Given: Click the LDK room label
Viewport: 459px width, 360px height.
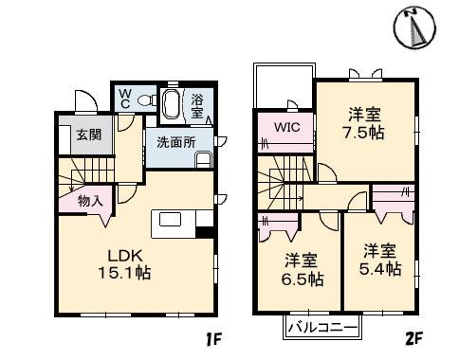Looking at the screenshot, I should click(123, 255).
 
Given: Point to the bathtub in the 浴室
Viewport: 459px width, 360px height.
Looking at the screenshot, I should click(174, 103).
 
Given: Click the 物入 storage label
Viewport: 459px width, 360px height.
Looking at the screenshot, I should click(91, 200).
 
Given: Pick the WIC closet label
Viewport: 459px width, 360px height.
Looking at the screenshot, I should click(287, 128).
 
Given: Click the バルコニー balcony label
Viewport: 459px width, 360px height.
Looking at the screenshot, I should click(321, 328).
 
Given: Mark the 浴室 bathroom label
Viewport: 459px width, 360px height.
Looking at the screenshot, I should click(197, 104).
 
